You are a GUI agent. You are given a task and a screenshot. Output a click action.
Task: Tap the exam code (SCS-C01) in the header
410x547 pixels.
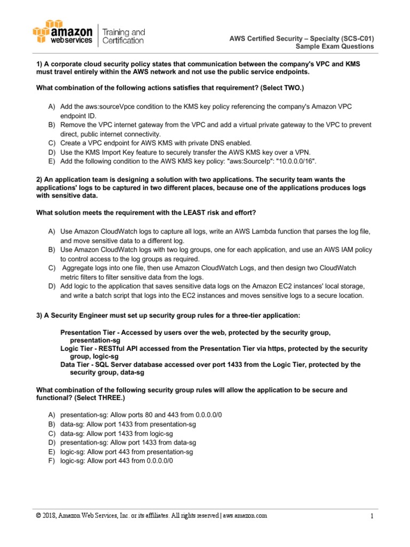[x=354, y=37]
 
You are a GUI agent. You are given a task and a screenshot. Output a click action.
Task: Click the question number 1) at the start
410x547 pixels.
[x=39, y=64]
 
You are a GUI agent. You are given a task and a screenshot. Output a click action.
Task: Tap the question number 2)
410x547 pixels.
[x=39, y=180]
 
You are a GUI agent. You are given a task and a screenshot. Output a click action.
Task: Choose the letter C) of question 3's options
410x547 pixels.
[x=52, y=433]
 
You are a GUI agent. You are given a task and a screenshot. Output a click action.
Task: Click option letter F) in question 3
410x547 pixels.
[x=52, y=460]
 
